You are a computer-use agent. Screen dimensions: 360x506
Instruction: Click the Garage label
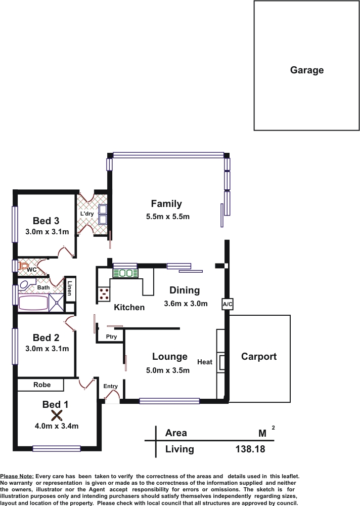307,70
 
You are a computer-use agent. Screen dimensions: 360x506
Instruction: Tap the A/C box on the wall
228,304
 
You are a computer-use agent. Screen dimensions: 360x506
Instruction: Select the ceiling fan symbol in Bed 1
57,415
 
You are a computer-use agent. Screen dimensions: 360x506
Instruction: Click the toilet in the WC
24,266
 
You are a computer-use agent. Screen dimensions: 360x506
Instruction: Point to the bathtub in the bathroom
33,303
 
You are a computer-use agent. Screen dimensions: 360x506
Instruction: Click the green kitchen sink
125,273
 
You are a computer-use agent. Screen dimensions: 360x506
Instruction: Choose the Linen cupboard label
69,288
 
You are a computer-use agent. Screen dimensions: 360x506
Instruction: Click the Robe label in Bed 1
42,385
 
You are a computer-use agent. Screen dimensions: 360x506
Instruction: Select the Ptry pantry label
111,336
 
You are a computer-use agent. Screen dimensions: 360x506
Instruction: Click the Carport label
259,357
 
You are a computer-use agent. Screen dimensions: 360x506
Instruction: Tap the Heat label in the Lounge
205,362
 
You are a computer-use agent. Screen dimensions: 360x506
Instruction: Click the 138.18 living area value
250,449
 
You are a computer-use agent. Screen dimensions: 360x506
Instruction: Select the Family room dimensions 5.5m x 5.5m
168,217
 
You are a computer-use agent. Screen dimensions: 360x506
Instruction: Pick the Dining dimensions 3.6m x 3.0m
186,303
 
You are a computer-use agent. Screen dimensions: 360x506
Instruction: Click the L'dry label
87,214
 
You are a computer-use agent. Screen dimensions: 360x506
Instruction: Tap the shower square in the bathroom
57,303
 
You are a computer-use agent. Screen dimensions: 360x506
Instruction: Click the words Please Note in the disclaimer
17,476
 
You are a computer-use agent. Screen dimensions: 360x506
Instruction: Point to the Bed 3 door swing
66,251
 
